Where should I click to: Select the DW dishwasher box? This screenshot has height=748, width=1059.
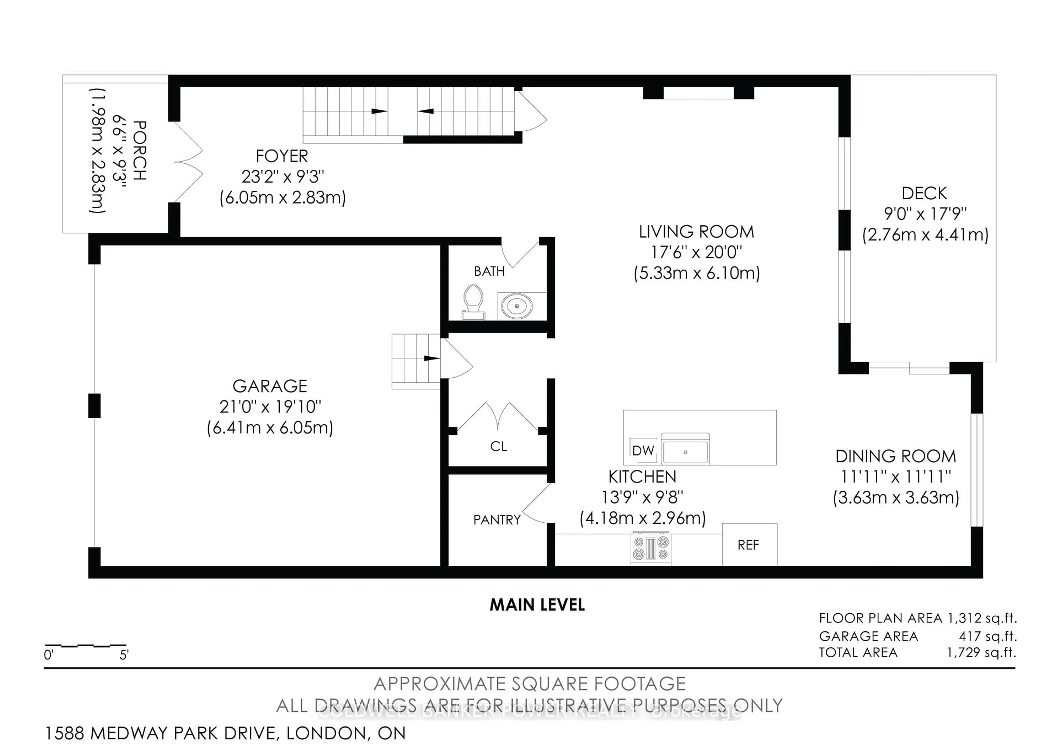643,450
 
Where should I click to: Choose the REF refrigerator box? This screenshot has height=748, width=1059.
748,545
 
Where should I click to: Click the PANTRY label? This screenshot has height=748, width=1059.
496,520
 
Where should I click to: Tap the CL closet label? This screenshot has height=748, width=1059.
498,446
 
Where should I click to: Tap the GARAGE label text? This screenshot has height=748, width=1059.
270,386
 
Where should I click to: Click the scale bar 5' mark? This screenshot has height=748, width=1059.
124,655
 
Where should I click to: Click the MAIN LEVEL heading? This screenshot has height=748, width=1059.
537,605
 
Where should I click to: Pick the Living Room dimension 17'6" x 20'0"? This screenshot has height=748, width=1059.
696,252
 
